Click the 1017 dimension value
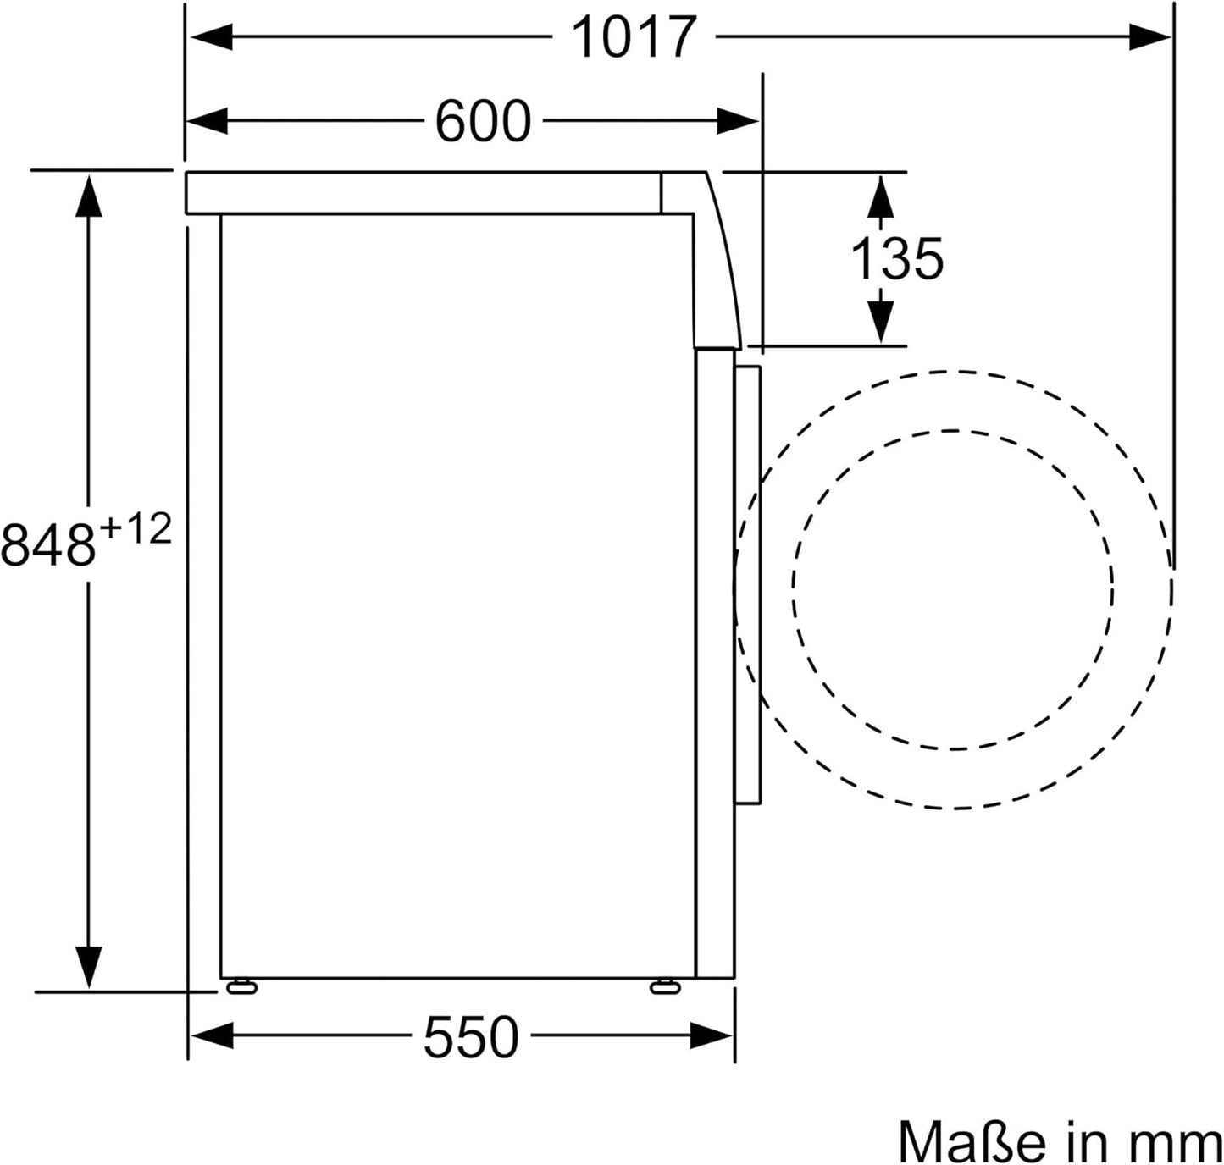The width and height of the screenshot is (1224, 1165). click(x=634, y=37)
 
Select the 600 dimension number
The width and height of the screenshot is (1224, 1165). click(x=482, y=121)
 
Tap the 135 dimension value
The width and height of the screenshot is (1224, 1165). click(x=896, y=259)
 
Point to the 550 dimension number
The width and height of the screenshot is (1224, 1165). click(x=470, y=1037)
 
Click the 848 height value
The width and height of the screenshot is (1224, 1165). click(x=48, y=544)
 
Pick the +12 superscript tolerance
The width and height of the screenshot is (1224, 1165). click(x=136, y=530)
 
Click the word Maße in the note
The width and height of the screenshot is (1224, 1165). click(x=971, y=1141)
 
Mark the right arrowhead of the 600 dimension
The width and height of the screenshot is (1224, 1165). click(x=737, y=121)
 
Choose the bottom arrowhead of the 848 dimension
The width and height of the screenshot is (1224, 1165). click(x=89, y=966)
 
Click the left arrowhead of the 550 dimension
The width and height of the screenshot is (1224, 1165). click(x=211, y=1035)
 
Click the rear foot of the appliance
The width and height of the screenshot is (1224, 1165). click(x=241, y=986)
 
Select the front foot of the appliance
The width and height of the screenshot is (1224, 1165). click(x=664, y=986)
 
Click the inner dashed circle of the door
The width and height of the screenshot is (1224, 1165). click(x=953, y=432)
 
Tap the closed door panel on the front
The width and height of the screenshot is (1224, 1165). click(x=748, y=584)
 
